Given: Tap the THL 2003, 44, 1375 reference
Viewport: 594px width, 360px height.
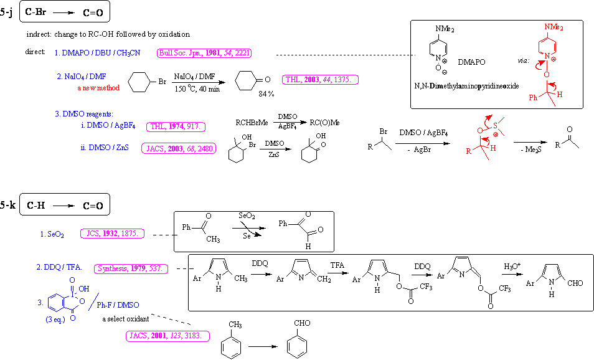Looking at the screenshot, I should [320, 79].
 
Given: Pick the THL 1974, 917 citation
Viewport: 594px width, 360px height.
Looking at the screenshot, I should [177, 127].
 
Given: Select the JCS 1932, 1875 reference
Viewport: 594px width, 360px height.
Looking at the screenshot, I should [113, 234].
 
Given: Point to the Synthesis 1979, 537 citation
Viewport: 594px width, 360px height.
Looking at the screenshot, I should [130, 268].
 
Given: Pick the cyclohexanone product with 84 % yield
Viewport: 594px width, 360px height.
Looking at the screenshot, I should [249, 81].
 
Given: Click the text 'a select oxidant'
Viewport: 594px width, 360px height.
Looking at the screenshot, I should [126, 320].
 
